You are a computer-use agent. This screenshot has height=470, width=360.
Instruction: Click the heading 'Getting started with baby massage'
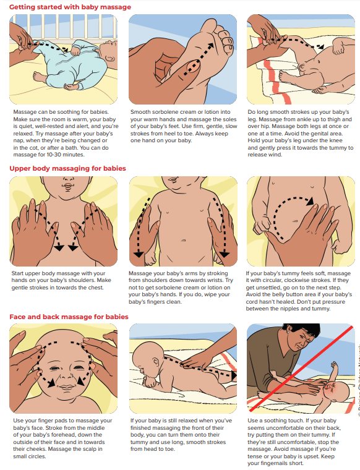(x=70, y=7)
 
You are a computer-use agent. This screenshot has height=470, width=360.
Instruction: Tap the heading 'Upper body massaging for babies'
(x=68, y=168)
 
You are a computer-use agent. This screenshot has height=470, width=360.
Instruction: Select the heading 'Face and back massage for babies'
(x=69, y=317)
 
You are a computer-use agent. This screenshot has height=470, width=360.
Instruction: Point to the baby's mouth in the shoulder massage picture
(x=68, y=186)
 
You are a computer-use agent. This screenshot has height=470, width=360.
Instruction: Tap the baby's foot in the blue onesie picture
(x=39, y=76)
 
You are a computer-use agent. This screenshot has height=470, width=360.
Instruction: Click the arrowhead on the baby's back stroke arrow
(x=233, y=375)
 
